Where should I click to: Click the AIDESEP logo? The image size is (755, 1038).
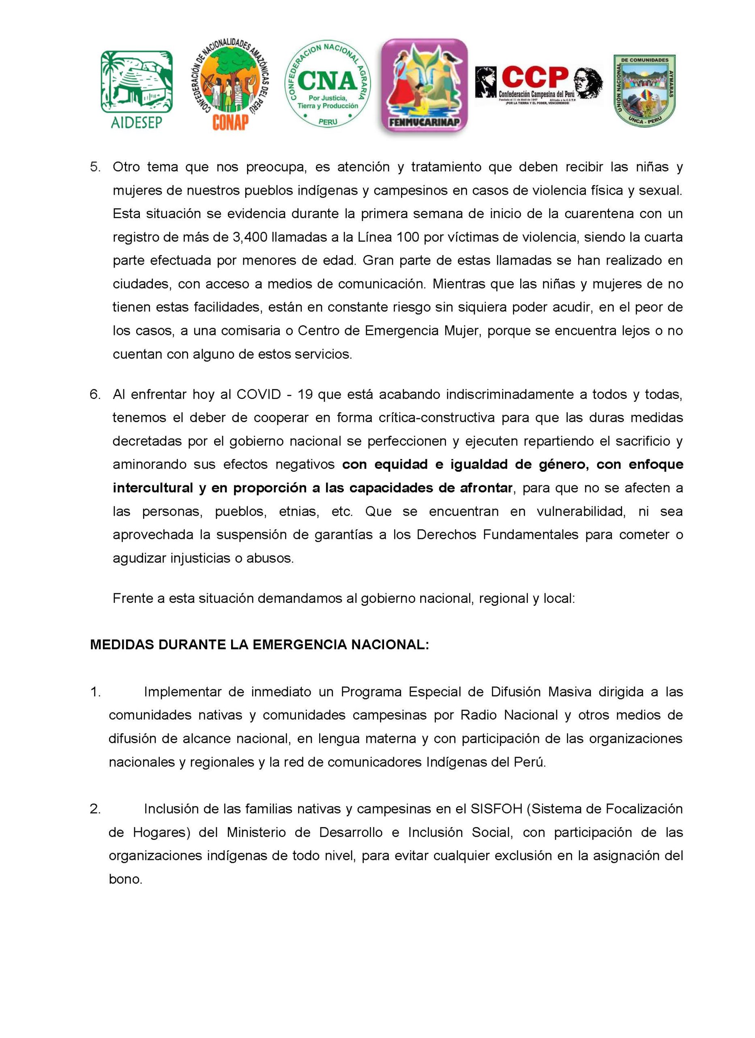(x=136, y=89)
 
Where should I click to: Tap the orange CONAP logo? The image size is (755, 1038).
(x=228, y=85)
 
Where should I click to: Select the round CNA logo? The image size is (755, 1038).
(x=327, y=86)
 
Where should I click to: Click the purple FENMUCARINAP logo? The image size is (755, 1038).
(x=424, y=86)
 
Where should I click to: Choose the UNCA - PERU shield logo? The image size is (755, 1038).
(x=644, y=90)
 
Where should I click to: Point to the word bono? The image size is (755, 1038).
(x=125, y=879)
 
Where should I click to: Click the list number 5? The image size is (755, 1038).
(x=95, y=167)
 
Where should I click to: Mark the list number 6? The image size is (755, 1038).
(x=95, y=395)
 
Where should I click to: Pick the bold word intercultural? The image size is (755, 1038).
(x=153, y=488)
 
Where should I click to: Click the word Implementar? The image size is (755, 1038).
(x=182, y=692)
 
